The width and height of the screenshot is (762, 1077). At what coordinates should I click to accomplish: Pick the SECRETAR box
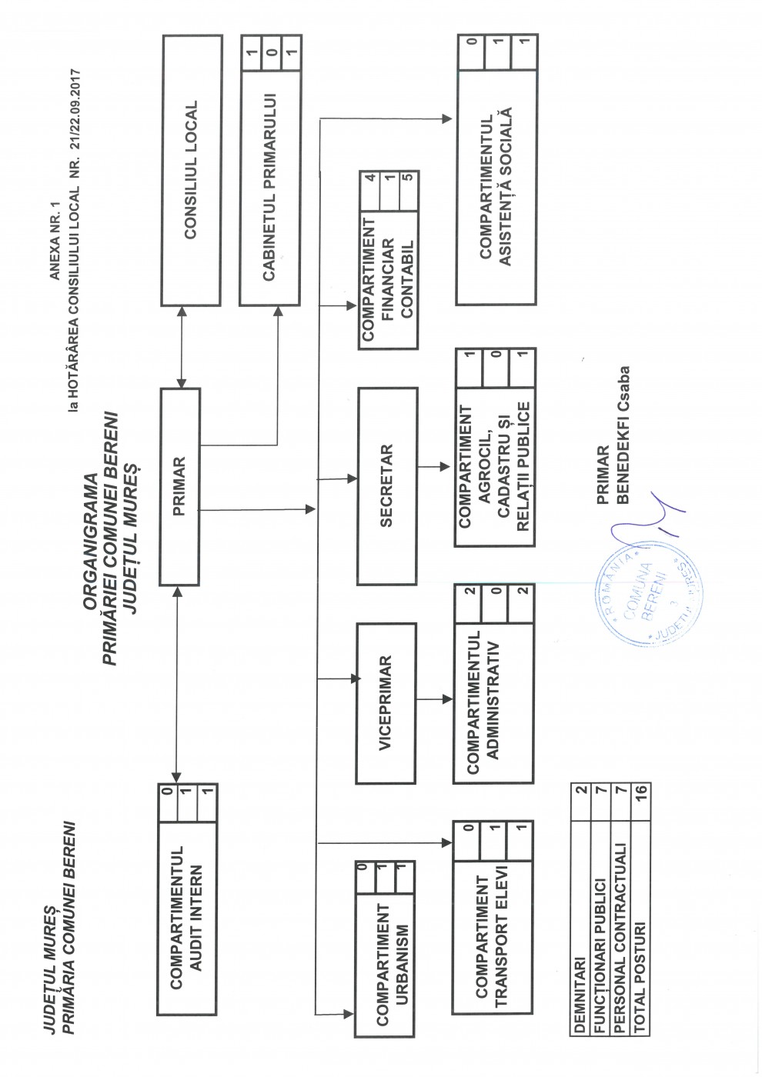(x=388, y=485)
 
